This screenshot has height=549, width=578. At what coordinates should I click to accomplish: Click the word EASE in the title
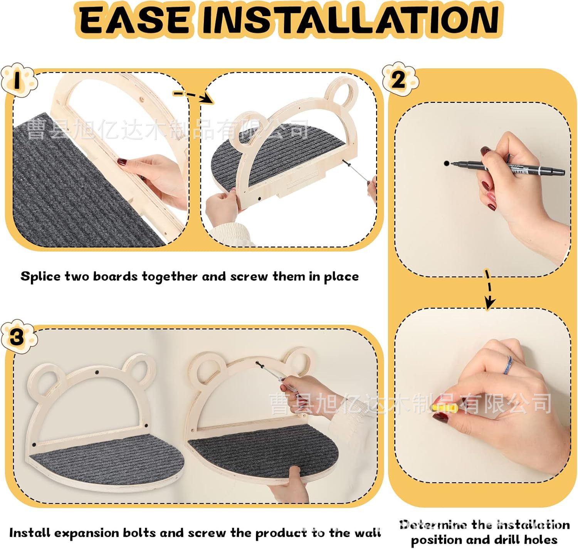coord(134,20)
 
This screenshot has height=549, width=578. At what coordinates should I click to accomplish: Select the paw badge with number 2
coord(400,79)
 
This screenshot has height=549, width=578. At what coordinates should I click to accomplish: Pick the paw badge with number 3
coord(18,336)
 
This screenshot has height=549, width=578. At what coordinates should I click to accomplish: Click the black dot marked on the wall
coord(446,163)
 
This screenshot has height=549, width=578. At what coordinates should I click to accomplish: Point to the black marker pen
coord(507,167)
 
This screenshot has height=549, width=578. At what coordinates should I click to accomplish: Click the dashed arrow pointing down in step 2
coord(488,289)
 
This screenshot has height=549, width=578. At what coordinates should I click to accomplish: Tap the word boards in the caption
coord(115,276)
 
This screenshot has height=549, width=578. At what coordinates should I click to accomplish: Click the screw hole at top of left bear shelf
coord(97,373)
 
